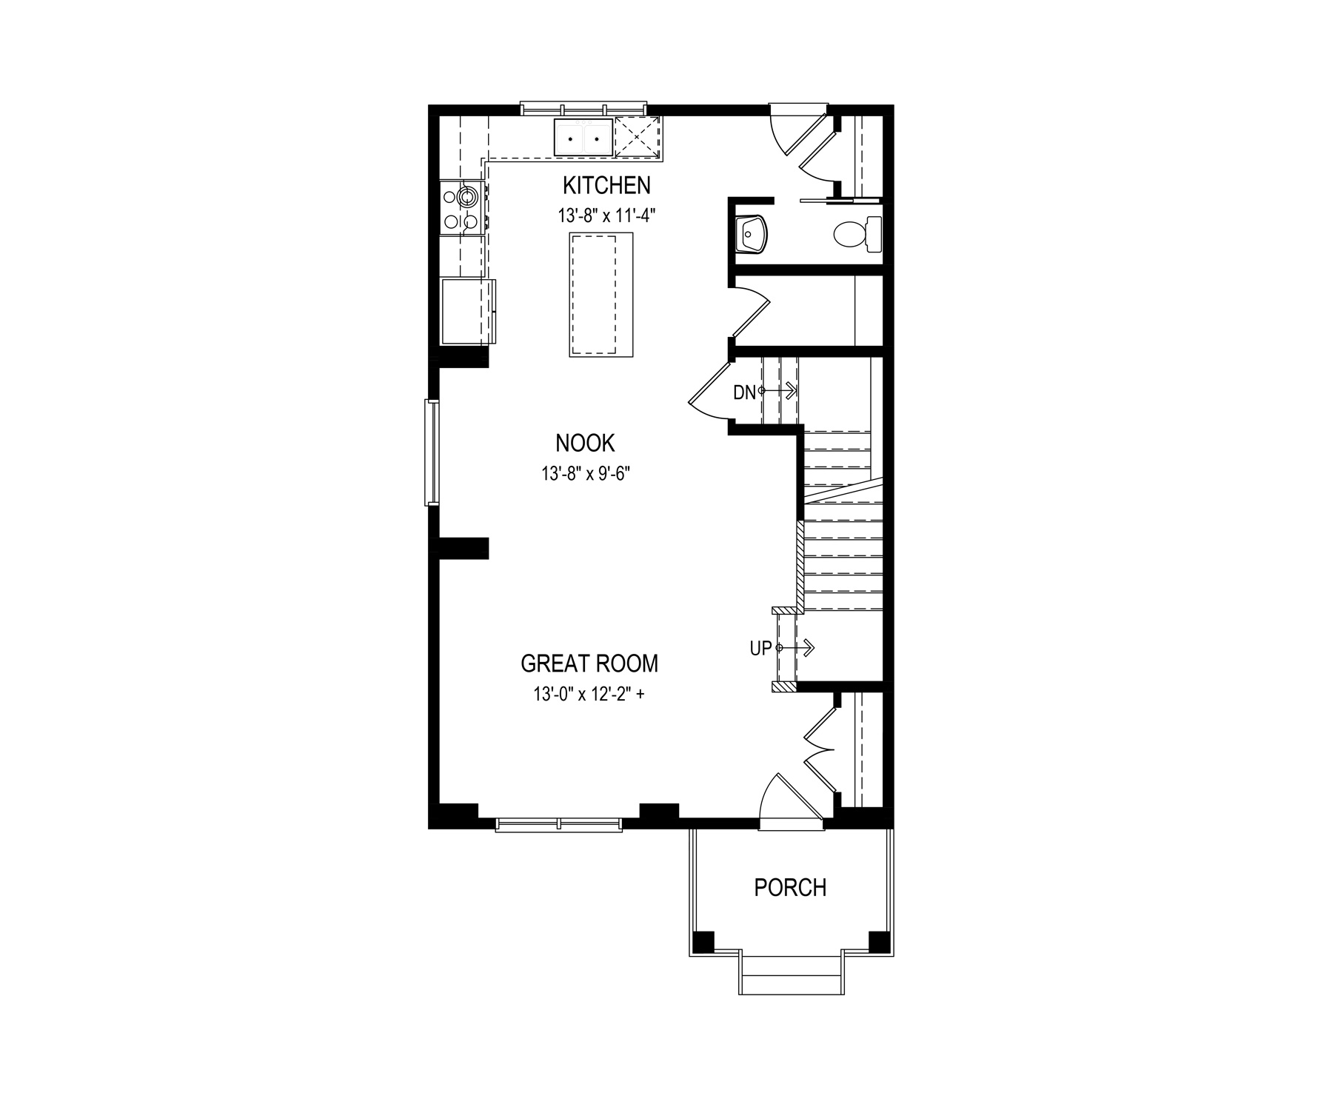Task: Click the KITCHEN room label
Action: tap(606, 185)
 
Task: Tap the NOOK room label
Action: tap(585, 443)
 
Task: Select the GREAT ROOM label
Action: tap(589, 664)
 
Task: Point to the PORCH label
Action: tap(790, 887)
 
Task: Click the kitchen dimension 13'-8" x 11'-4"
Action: tap(607, 215)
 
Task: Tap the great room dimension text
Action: tap(585, 695)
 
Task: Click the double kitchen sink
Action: tap(583, 137)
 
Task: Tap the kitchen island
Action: tap(601, 295)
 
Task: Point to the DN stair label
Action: tap(744, 392)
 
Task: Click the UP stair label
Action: tap(760, 649)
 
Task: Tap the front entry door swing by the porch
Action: tap(791, 800)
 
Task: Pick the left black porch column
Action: tap(703, 942)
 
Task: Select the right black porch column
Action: tap(879, 942)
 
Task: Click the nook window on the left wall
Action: tap(432, 452)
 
